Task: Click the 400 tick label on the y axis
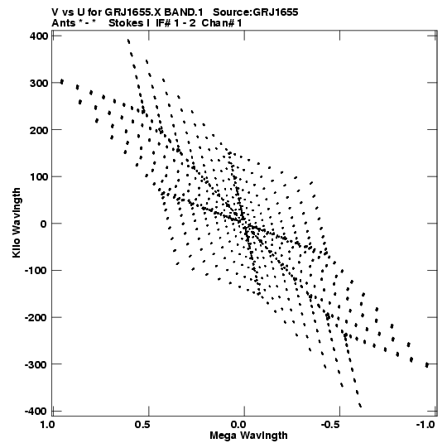tap(39, 36)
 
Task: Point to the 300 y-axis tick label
tap(39, 83)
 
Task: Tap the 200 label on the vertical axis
tap(39, 130)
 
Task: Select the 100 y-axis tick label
tap(39, 177)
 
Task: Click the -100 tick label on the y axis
tap(36, 271)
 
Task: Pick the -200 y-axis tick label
tap(36, 317)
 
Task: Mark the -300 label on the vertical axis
tap(36, 364)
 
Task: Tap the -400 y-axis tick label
tap(36, 411)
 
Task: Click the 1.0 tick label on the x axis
tap(47, 425)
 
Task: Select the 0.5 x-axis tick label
tap(142, 425)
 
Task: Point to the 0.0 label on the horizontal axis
tap(238, 425)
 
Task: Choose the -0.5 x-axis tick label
tap(330, 425)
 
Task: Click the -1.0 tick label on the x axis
tap(425, 425)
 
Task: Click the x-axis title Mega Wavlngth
tap(248, 436)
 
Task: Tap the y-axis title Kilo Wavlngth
tap(17, 223)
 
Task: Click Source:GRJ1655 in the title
tap(256, 12)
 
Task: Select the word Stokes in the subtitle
tap(126, 23)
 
